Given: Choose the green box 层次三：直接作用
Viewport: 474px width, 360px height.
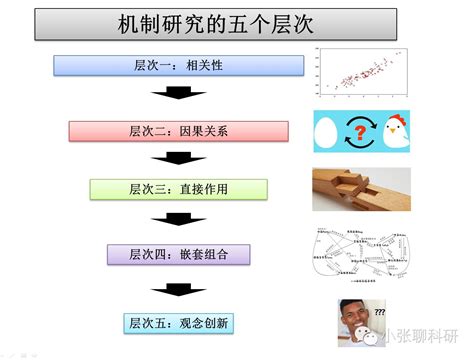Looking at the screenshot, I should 178,189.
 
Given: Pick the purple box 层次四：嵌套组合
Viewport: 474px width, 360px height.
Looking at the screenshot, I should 178,253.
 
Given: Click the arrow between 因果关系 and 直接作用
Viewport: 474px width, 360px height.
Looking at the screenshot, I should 178,158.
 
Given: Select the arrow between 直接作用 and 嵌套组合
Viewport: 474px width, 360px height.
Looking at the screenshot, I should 178,221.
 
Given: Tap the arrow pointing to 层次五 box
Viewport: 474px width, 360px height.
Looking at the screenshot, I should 178,287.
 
